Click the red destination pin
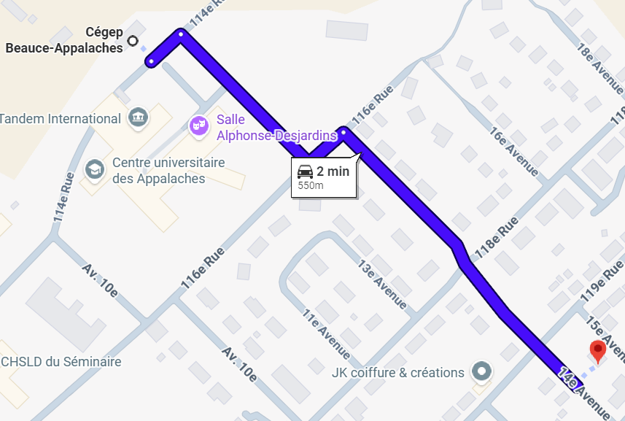(598, 351)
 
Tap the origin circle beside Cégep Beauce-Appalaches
(133, 41)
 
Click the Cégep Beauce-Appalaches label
(65, 40)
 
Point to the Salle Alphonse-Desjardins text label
(276, 127)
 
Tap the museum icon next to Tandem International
(137, 117)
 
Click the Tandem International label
(60, 118)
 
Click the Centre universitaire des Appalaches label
(168, 170)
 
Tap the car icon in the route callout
(306, 172)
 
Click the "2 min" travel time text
(333, 172)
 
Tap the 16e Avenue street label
(514, 153)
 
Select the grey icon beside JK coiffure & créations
(481, 371)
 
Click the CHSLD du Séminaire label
(61, 361)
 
